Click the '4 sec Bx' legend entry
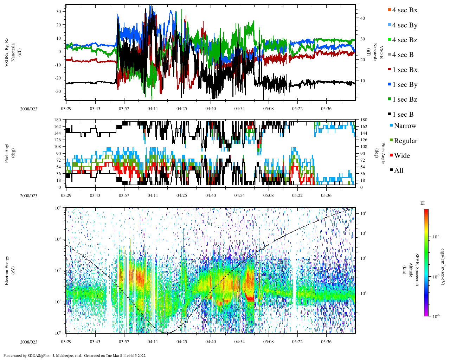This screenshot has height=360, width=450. pos(405,10)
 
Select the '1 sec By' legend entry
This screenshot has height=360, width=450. pos(405,85)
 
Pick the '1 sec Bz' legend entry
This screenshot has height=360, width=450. pos(405,99)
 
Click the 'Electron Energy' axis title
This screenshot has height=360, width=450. pos(7,270)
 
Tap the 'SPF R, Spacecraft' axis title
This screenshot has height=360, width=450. pos(417,270)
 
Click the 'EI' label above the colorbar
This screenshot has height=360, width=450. pos(423,203)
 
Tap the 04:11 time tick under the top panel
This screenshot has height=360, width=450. pos(153,109)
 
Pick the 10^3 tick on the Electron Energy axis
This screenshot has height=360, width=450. pos(58,239)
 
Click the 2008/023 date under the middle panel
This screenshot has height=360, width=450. pos(28,196)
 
